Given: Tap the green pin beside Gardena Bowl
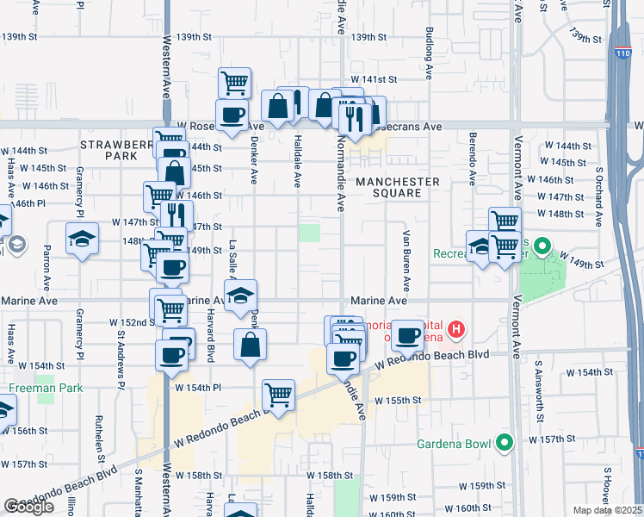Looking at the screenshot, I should pyautogui.click(x=506, y=444).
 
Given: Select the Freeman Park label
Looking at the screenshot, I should pyautogui.click(x=46, y=388).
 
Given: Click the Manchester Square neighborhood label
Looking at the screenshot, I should pyautogui.click(x=398, y=187).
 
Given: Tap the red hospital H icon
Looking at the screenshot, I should pyautogui.click(x=457, y=329).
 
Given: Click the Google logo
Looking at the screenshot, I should pyautogui.click(x=28, y=507).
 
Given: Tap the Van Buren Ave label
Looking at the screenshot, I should pyautogui.click(x=405, y=257).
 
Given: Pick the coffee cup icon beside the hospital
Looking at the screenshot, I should pyautogui.click(x=407, y=334).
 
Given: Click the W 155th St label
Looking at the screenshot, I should pyautogui.click(x=403, y=401).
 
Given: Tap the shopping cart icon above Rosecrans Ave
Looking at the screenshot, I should pyautogui.click(x=234, y=83).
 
